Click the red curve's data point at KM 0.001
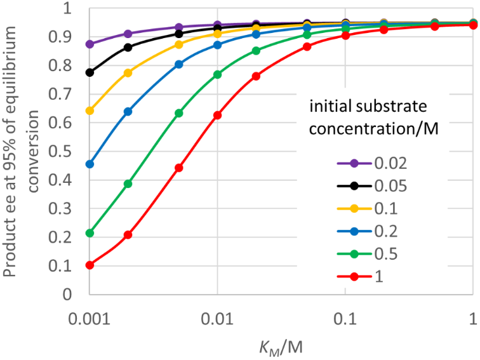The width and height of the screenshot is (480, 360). tap(90, 265)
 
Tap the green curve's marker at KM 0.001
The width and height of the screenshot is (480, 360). tap(90, 233)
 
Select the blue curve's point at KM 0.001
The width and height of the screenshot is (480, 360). tap(90, 164)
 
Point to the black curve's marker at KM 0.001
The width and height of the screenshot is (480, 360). tap(90, 72)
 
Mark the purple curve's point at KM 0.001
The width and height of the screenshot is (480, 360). tap(90, 44)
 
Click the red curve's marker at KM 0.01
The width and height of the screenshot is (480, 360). tap(218, 115)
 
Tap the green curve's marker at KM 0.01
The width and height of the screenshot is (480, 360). tap(218, 74)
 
